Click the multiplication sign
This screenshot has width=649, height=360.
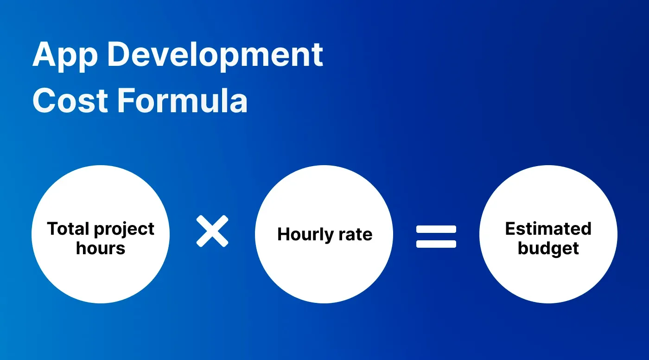(x=212, y=231)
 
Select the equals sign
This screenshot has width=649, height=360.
(x=436, y=237)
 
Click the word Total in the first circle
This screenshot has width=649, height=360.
(x=67, y=229)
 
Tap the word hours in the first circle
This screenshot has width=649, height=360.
(x=101, y=248)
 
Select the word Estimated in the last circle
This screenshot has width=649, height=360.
(x=548, y=229)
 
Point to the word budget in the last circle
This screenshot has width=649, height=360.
(x=548, y=249)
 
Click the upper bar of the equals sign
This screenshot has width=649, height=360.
(x=436, y=230)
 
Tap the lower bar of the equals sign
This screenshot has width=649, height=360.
(x=436, y=244)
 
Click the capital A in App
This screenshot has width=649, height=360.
(x=43, y=54)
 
